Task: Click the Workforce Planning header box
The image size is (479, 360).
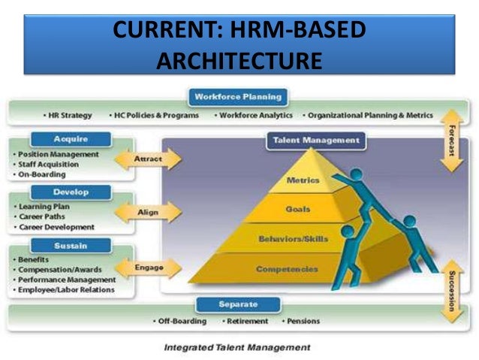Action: pyautogui.click(x=238, y=97)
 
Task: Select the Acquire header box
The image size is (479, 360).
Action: pyautogui.click(x=71, y=139)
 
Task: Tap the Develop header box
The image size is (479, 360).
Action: pyautogui.click(x=71, y=192)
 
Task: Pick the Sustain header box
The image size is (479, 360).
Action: pyautogui.click(x=71, y=245)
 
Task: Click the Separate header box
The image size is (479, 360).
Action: pyautogui.click(x=237, y=304)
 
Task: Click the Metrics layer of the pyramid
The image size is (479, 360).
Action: pyautogui.click(x=303, y=180)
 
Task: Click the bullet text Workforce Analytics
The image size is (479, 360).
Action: pyautogui.click(x=255, y=116)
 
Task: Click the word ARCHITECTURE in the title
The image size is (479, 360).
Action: pyautogui.click(x=239, y=58)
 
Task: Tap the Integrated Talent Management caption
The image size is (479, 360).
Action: pyautogui.click(x=237, y=347)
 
